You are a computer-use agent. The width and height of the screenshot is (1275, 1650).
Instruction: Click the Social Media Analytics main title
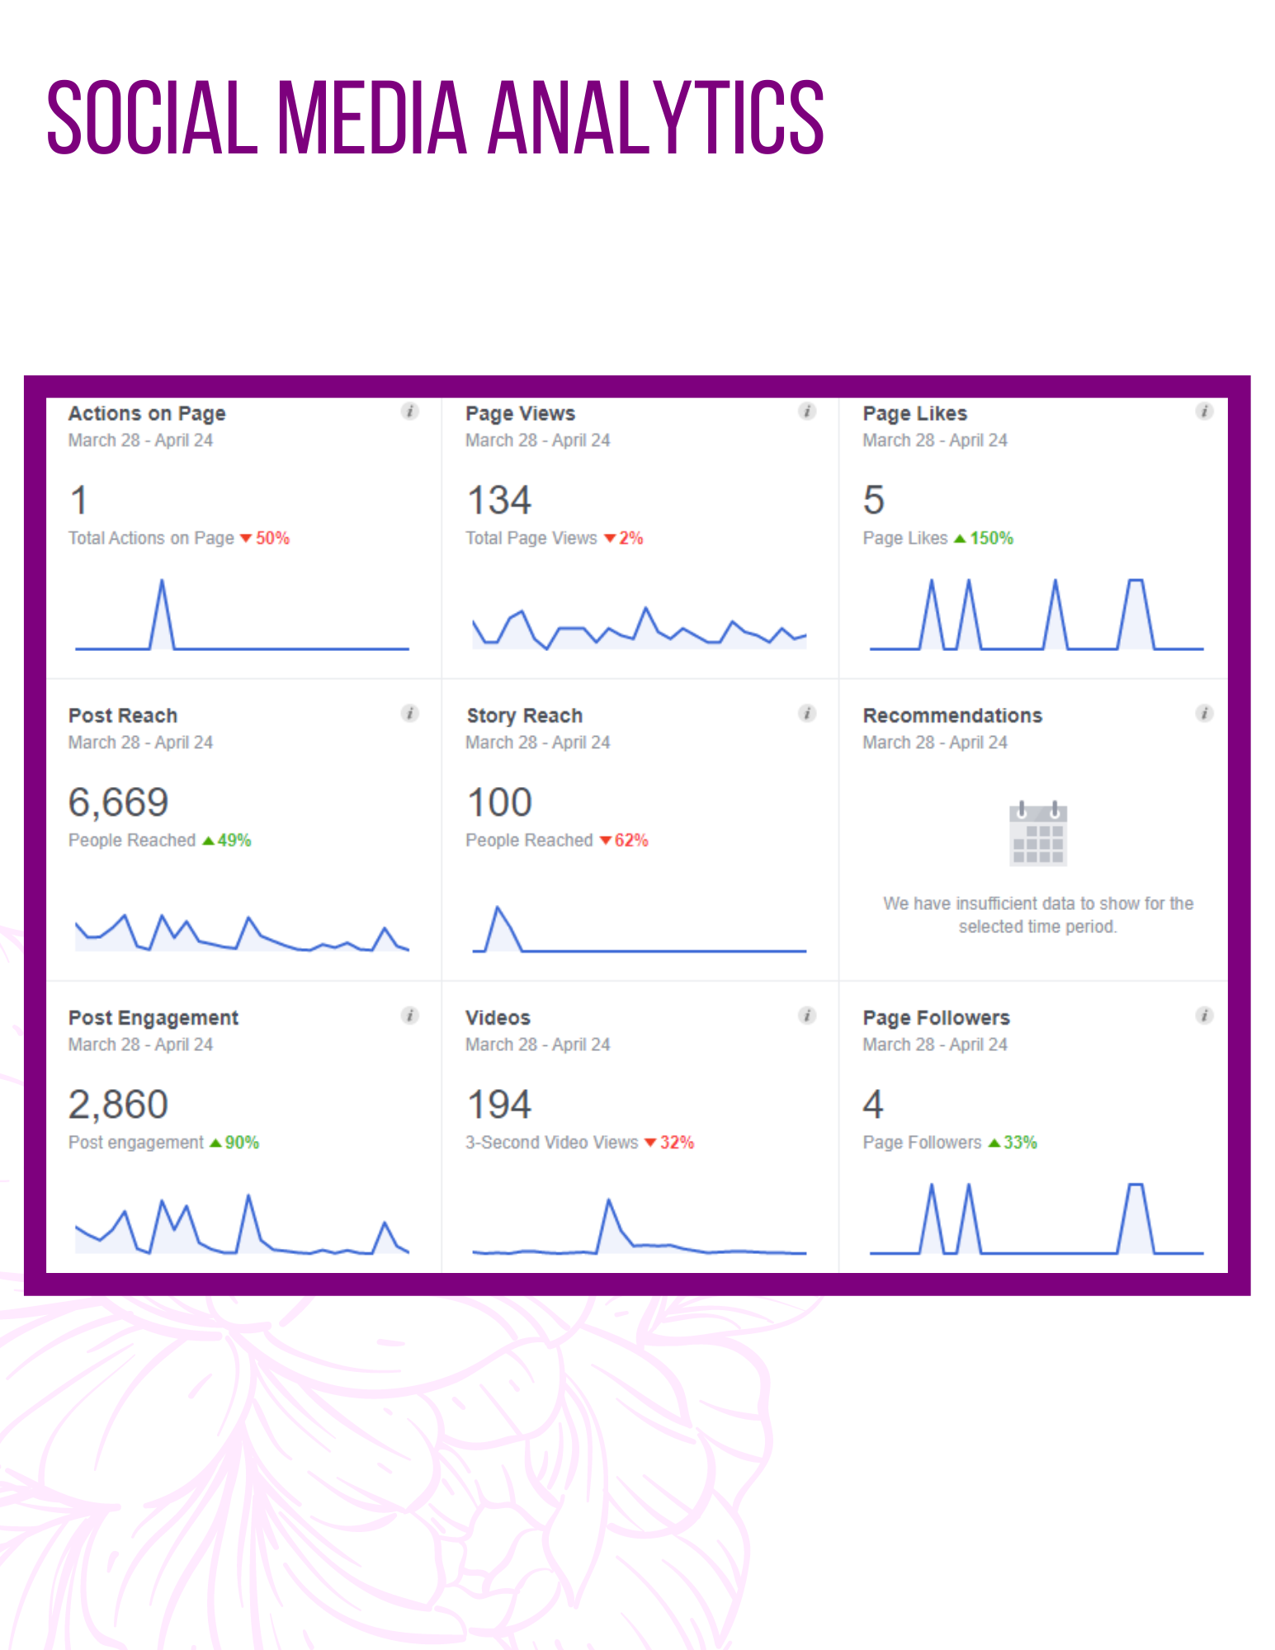[435, 117]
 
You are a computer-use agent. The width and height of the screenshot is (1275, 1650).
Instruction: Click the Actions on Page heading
[147, 413]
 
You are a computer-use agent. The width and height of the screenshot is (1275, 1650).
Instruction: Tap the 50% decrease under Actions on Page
[265, 538]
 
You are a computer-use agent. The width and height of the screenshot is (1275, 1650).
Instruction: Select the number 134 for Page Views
[499, 500]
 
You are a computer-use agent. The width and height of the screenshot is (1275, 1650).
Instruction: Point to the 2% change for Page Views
[624, 538]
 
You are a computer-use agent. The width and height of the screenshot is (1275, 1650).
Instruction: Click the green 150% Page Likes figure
[984, 538]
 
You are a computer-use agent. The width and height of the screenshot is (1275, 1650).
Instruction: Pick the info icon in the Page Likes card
[1204, 411]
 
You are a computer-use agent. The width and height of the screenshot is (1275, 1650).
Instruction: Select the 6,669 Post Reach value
[118, 802]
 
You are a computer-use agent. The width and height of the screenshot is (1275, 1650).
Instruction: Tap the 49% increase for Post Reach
[227, 840]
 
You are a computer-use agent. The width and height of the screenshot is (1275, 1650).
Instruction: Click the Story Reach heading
[524, 715]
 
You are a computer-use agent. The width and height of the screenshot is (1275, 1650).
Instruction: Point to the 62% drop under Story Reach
[624, 840]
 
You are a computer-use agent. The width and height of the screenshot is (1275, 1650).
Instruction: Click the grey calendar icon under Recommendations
[1038, 833]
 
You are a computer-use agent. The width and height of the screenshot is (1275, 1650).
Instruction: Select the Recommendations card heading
[952, 715]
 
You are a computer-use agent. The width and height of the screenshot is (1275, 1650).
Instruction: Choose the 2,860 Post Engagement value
[118, 1105]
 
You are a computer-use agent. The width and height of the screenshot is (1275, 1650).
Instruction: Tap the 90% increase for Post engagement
[234, 1143]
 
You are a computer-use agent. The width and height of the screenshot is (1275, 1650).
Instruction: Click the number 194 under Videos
[499, 1105]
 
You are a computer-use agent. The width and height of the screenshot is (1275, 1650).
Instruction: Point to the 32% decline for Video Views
[669, 1143]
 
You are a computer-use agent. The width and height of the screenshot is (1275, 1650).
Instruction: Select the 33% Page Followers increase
[1013, 1143]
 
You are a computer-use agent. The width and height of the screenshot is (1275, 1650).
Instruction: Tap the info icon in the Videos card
[807, 1016]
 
